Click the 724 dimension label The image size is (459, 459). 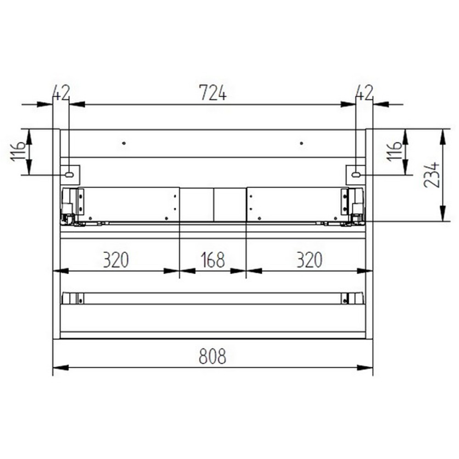click(x=213, y=93)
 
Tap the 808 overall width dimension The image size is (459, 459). click(x=213, y=356)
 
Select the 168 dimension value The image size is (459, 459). click(x=213, y=260)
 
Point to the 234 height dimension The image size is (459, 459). click(x=432, y=175)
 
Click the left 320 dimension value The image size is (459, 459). click(x=116, y=260)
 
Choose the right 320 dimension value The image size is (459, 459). click(x=309, y=260)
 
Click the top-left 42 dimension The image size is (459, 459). click(x=61, y=93)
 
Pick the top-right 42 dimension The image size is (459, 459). click(x=364, y=93)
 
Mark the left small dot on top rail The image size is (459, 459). click(x=124, y=143)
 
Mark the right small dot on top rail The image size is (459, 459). click(x=302, y=143)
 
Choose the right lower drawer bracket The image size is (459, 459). click(x=353, y=299)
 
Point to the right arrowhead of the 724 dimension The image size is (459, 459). click(x=349, y=105)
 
